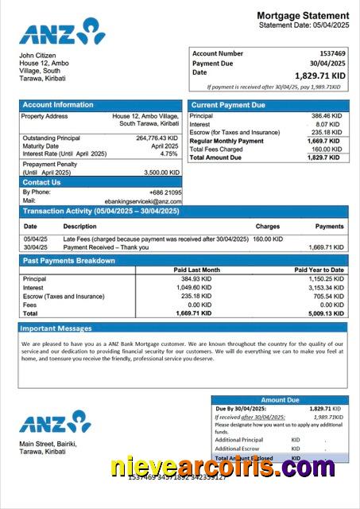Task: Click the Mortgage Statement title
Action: [302, 15]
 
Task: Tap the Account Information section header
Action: [58, 105]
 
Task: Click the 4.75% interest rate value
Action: [169, 153]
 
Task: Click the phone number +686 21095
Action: [165, 192]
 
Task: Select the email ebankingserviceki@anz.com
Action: [143, 202]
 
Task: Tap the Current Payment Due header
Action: [229, 105]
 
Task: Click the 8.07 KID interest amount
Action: [328, 124]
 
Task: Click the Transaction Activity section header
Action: [99, 212]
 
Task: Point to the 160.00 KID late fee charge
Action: [268, 239]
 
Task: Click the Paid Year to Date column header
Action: [319, 270]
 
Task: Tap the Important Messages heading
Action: [56, 328]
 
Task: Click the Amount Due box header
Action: [280, 400]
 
